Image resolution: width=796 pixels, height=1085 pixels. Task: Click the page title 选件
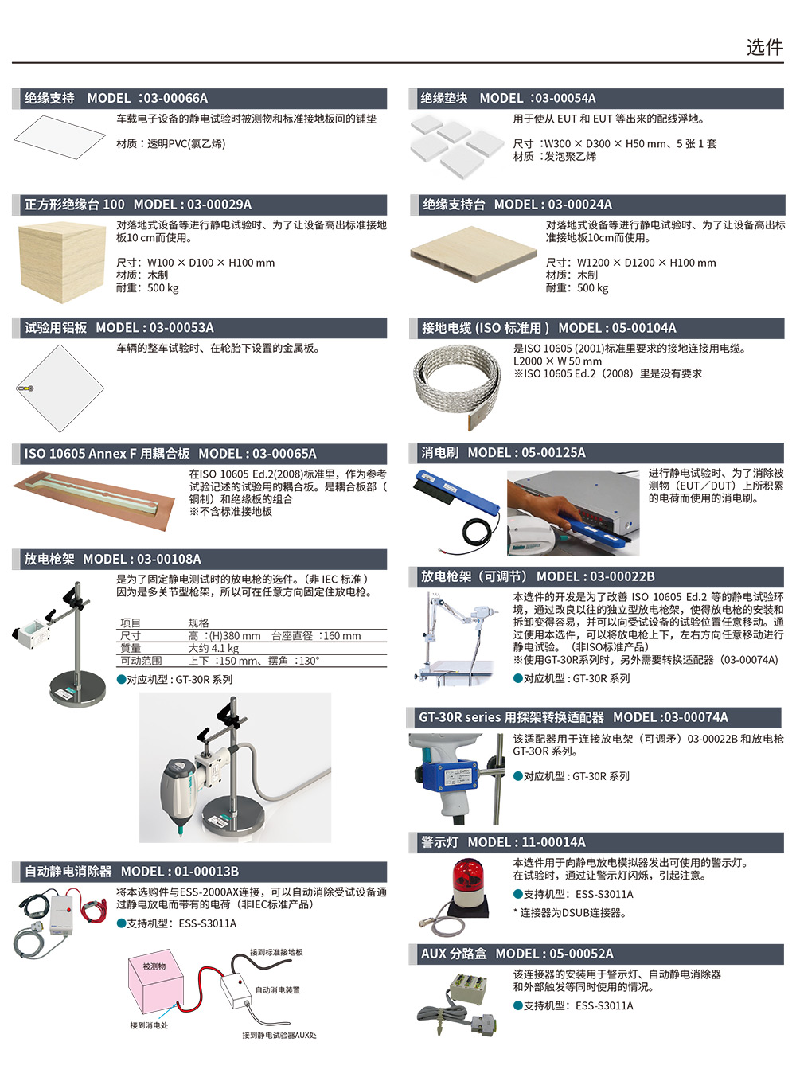point(764,47)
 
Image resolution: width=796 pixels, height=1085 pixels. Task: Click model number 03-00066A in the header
point(176,99)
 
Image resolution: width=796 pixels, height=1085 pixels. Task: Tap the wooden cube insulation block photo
point(61,263)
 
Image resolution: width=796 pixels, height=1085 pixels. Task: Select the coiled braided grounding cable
point(456,386)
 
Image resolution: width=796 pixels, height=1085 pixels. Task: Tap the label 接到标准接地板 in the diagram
point(276,952)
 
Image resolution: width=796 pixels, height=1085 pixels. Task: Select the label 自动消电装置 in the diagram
point(278,990)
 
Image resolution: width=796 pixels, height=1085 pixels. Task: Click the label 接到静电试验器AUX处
point(279,1035)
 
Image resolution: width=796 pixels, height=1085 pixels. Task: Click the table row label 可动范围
point(141,661)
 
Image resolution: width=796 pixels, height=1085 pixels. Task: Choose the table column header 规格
point(198,623)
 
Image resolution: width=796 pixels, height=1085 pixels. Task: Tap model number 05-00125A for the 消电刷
point(552,453)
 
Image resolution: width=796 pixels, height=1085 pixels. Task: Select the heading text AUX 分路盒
point(454,954)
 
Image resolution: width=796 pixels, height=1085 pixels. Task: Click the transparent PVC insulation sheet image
point(60,137)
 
